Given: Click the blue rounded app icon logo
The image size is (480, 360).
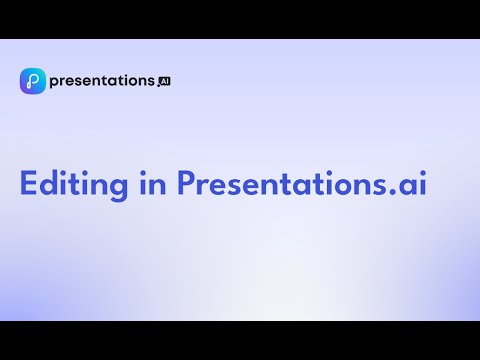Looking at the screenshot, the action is [x=33, y=81].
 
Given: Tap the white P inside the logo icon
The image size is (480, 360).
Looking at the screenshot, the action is [x=32, y=81].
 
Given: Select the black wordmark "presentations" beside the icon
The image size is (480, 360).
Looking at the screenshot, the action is [x=102, y=81].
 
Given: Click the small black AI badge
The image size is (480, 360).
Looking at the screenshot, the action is [x=165, y=82].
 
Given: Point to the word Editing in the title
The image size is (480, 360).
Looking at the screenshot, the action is [x=74, y=185].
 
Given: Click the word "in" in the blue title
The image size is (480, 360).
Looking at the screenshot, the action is [x=153, y=183].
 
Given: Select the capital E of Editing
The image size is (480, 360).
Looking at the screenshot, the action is [x=28, y=183].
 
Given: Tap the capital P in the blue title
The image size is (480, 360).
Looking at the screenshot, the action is [x=186, y=183].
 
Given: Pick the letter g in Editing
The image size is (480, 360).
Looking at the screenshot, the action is [x=118, y=189].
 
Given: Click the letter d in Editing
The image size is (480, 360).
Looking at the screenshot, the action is [x=49, y=182].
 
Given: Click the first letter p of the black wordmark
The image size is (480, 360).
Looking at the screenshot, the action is [x=55, y=83].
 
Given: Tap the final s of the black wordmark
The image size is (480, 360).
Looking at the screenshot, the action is [x=151, y=81].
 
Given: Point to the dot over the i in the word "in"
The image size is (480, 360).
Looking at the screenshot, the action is [x=143, y=172].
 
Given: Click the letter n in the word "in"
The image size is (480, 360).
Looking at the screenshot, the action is [x=158, y=186].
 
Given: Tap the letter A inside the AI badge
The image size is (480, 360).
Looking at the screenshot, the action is [x=163, y=82].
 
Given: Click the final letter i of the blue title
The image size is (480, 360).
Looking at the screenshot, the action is [x=423, y=183].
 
